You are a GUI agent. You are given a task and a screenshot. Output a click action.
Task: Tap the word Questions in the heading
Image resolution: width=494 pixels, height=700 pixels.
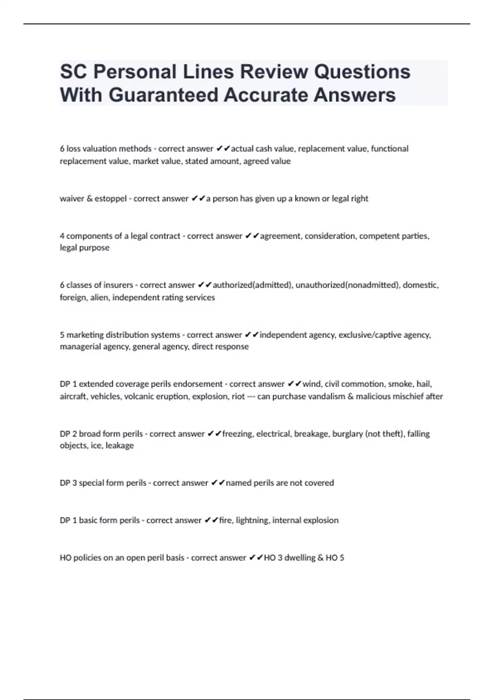pyautogui.click(x=362, y=72)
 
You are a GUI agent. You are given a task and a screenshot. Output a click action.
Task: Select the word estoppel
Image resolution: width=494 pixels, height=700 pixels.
pyautogui.click(x=111, y=198)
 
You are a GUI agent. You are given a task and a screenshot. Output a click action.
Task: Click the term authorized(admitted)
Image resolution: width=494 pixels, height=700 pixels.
pyautogui.click(x=252, y=285)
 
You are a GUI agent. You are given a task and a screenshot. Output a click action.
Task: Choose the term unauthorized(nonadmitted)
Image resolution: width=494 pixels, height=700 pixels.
pyautogui.click(x=347, y=285)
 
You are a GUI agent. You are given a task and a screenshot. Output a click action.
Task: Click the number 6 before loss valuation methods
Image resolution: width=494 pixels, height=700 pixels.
pyautogui.click(x=62, y=149)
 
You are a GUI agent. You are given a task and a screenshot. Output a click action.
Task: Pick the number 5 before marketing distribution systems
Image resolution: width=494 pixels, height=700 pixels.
pyautogui.click(x=62, y=335)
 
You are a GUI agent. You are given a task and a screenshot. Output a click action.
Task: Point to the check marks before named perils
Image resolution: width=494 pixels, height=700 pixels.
pyautogui.click(x=218, y=483)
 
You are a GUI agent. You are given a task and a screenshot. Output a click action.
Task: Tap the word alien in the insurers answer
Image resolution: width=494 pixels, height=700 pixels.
pyautogui.click(x=99, y=297)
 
